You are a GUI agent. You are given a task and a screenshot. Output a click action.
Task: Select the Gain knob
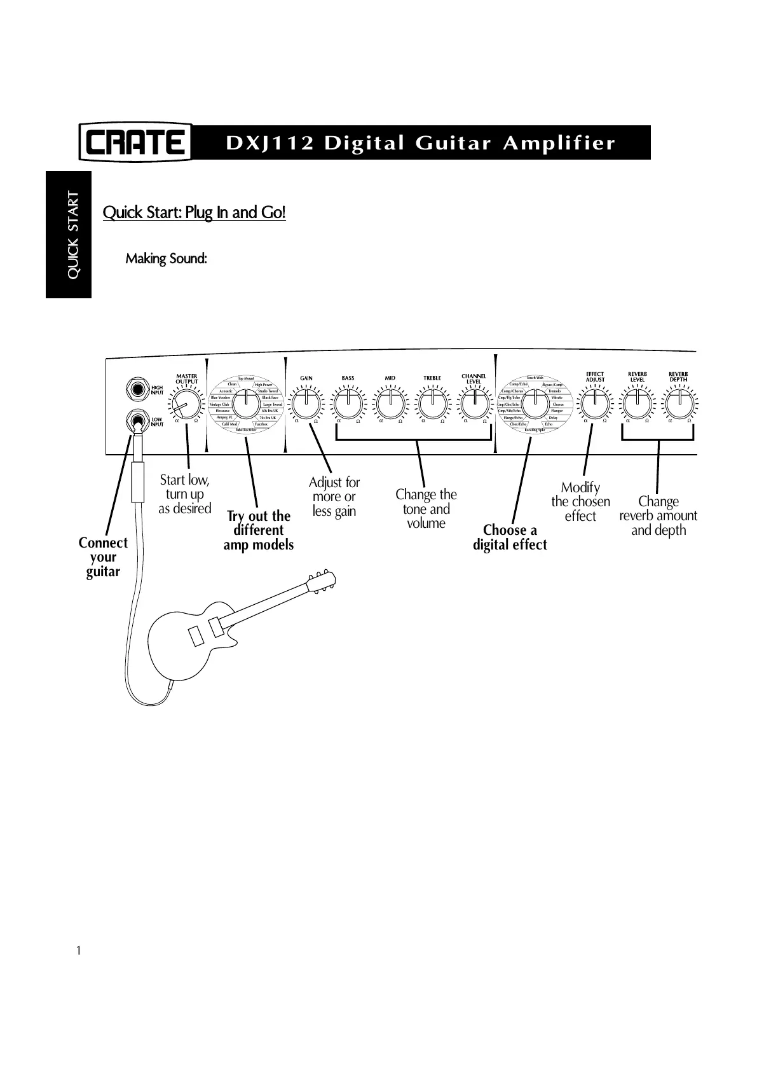click(306, 403)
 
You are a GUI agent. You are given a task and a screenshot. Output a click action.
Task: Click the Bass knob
click(348, 403)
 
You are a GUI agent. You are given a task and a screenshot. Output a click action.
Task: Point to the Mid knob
click(390, 403)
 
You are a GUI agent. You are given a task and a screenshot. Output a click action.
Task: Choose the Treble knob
click(432, 403)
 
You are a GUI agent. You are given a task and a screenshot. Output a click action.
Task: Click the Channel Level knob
click(474, 403)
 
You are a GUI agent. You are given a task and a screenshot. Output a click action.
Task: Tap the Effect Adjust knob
click(595, 403)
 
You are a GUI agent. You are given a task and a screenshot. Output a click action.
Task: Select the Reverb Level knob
click(637, 403)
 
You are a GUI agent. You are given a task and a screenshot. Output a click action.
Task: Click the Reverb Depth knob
click(679, 403)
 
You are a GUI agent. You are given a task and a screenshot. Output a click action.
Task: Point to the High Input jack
click(135, 389)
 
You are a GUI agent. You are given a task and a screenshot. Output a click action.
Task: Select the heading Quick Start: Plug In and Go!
click(194, 212)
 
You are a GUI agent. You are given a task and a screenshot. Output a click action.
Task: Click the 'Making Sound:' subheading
click(166, 259)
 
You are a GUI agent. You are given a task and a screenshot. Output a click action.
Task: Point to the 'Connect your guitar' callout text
click(103, 557)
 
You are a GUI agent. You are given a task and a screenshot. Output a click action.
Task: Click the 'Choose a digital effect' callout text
click(510, 537)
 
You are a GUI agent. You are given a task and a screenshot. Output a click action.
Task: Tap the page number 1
click(78, 951)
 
